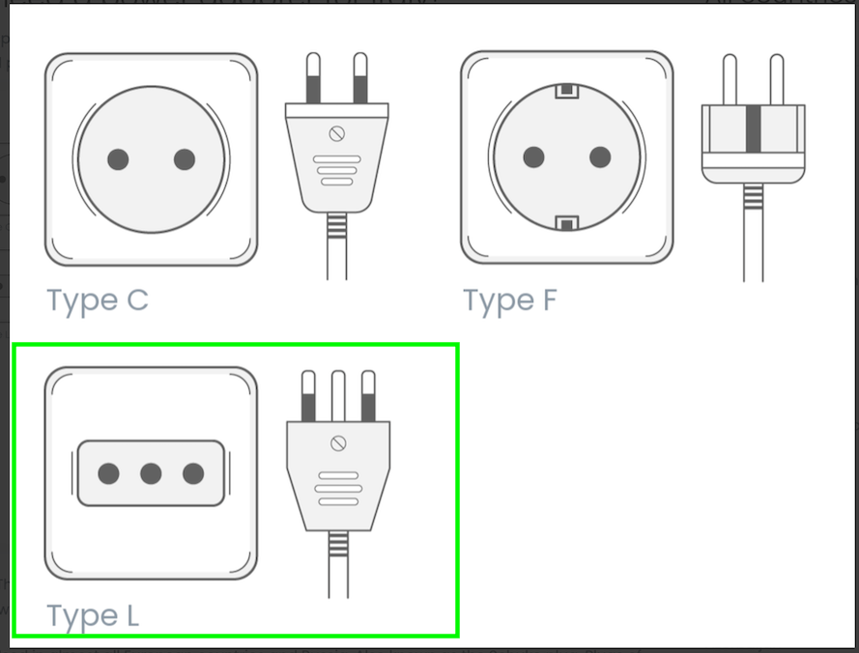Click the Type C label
[x=98, y=300]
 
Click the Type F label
[x=510, y=300]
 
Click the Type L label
[x=93, y=615]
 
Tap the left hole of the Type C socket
[x=118, y=159]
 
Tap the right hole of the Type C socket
[x=184, y=159]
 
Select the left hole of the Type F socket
[x=534, y=157]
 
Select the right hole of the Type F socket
[x=600, y=157]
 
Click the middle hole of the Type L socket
[x=151, y=473]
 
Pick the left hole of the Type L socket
[x=108, y=473]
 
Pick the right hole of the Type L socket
[x=193, y=473]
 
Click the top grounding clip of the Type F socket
[x=567, y=91]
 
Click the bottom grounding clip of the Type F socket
[x=567, y=223]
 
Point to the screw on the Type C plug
[x=337, y=133]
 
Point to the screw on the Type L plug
[x=338, y=443]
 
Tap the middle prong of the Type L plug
[x=338, y=396]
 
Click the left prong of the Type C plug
[x=313, y=78]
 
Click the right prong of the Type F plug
[x=777, y=79]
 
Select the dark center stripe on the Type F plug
[x=754, y=128]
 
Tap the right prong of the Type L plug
[x=369, y=396]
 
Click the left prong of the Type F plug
[x=730, y=79]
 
